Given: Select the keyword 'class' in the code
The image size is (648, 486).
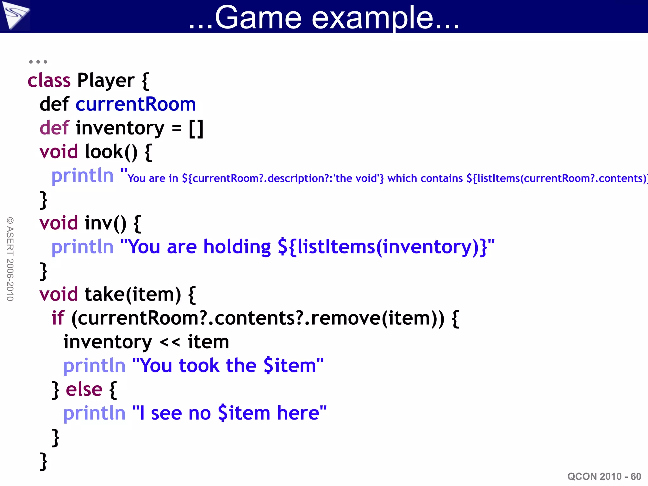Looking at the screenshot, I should [49, 80].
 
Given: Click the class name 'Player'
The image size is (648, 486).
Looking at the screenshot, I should [106, 81].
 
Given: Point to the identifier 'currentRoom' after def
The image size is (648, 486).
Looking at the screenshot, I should [136, 104].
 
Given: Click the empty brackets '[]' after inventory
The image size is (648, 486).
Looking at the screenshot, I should [196, 128].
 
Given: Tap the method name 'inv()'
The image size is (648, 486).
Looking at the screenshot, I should [105, 223].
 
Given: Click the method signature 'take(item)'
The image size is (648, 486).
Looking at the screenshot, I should [133, 295].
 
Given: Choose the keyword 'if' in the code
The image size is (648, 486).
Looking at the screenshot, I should [58, 318].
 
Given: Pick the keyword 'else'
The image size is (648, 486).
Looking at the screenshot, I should [84, 389].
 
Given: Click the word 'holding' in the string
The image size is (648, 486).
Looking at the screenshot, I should [237, 247].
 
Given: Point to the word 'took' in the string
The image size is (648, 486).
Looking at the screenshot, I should [199, 366].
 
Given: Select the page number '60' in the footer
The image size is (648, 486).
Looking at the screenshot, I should [636, 477].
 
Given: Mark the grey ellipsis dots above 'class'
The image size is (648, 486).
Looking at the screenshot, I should [38, 62].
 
